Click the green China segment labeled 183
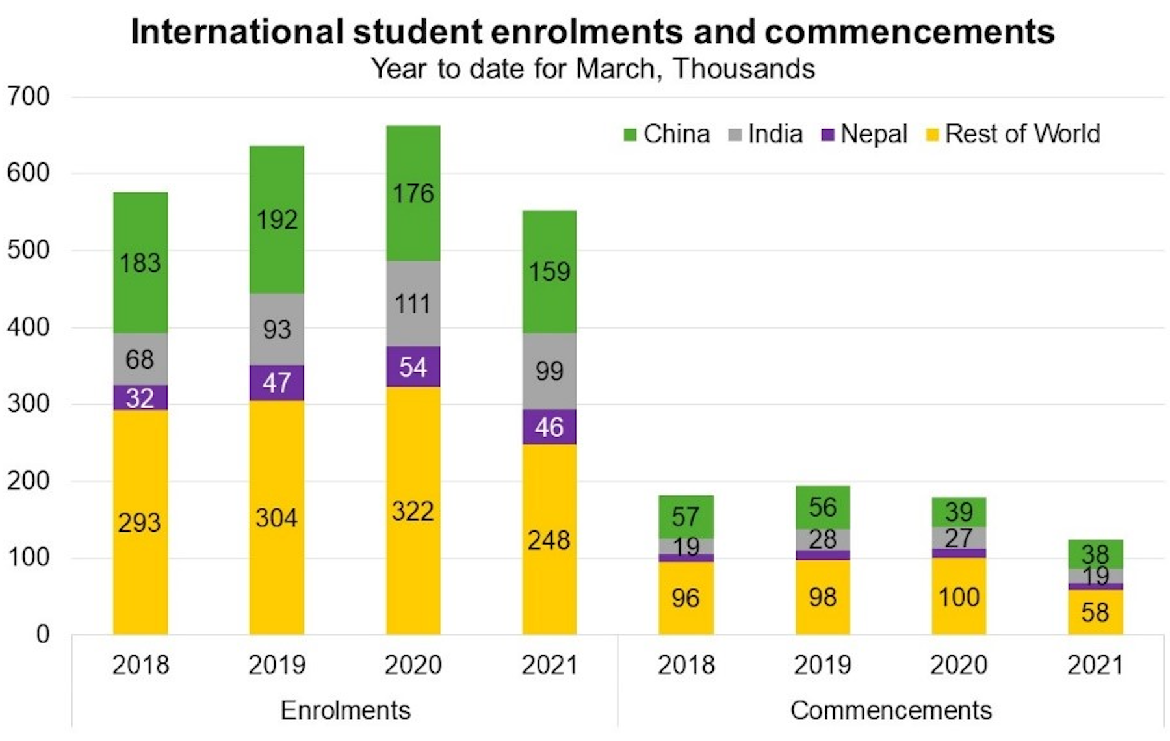[140, 263]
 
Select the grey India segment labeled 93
[277, 330]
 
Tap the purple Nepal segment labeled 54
[413, 367]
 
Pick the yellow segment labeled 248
[549, 539]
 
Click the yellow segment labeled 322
[413, 511]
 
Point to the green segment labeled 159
[549, 272]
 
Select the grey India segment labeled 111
[413, 304]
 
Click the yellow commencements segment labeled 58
[1095, 612]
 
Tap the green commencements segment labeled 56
[822, 508]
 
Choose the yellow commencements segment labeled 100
[959, 597]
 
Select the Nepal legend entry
[864, 135]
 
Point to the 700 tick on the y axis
[29, 97]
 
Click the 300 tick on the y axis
[29, 404]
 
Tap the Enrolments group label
[345, 710]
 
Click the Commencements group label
[890, 710]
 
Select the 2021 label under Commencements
[1095, 666]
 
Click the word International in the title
[237, 32]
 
